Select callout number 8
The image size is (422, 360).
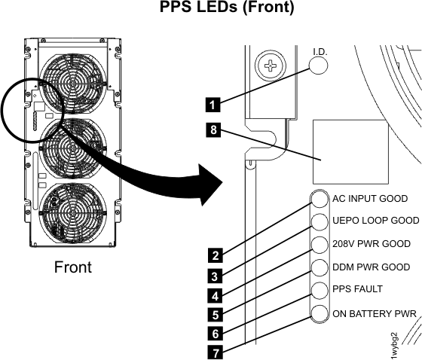[x=214, y=130]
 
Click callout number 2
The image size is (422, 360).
[x=214, y=255]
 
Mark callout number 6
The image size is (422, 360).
[x=214, y=330]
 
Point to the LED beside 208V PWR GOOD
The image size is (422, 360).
[x=320, y=245]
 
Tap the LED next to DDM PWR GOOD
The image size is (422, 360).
[x=320, y=267]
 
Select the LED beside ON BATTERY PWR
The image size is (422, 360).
[x=320, y=313]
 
